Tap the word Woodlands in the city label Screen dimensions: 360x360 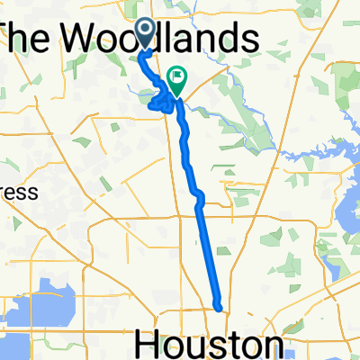[x=167, y=39]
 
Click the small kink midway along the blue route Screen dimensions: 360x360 [x=199, y=194]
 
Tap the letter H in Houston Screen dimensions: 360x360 [x=148, y=345]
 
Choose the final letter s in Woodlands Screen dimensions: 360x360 [x=252, y=39]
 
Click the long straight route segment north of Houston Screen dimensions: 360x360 [x=207, y=252]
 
